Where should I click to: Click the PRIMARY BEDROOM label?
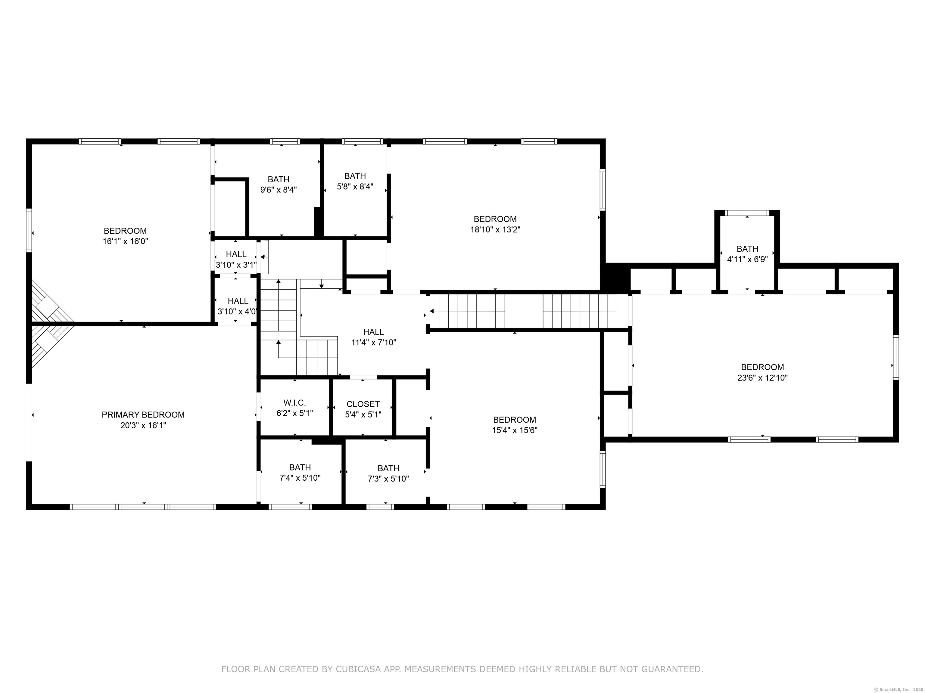pyautogui.click(x=143, y=415)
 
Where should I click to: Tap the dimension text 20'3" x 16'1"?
pyautogui.click(x=143, y=426)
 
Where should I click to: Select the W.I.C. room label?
pyautogui.click(x=294, y=403)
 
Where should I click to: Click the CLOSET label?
pyautogui.click(x=363, y=404)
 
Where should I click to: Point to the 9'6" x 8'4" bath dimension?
pyautogui.click(x=279, y=190)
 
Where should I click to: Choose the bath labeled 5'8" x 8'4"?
pyautogui.click(x=355, y=181)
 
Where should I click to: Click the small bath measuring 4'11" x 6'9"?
pyautogui.click(x=747, y=254)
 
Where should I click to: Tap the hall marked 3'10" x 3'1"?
pyautogui.click(x=236, y=259)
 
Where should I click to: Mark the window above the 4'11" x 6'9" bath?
pyautogui.click(x=747, y=213)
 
